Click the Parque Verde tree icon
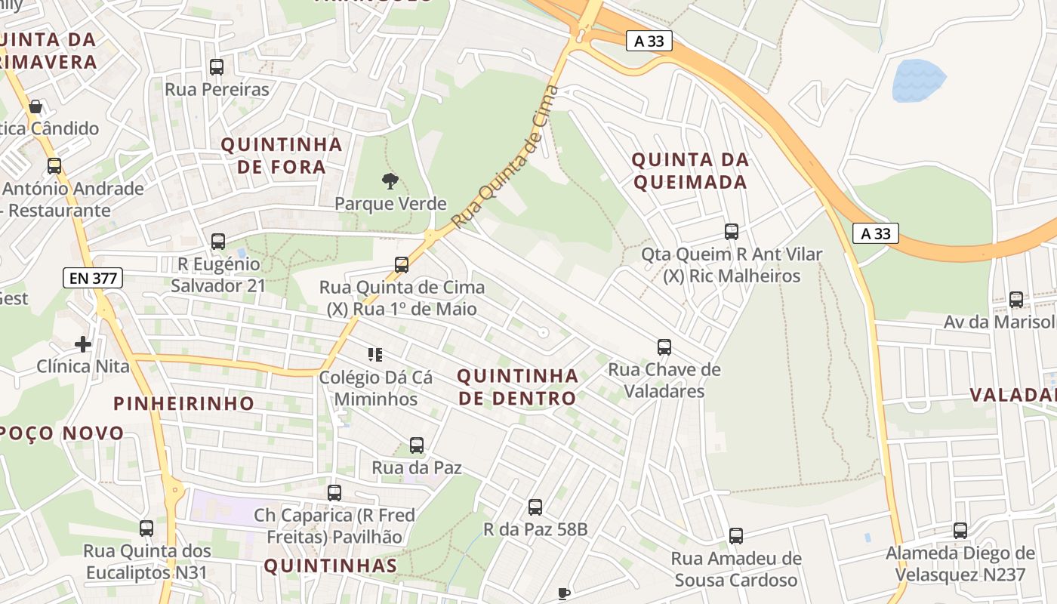[x=390, y=180]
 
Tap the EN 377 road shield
[x=93, y=278]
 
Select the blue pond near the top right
[x=918, y=81]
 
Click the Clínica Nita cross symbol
[x=83, y=344]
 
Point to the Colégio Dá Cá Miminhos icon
[x=375, y=354]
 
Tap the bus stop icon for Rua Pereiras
[x=217, y=66]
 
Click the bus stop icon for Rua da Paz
[x=417, y=445]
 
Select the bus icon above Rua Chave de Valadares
[x=664, y=347]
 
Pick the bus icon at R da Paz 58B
[x=535, y=507]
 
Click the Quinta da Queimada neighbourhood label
[x=690, y=171]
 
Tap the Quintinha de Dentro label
[x=517, y=387]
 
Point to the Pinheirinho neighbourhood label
[x=183, y=403]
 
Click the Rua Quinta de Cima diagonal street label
[x=506, y=157]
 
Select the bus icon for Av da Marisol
[x=1016, y=300]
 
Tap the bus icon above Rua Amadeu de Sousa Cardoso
[x=736, y=536]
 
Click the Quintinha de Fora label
[x=282, y=156]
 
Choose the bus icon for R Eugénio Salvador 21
[x=218, y=242]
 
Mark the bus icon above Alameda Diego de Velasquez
[x=960, y=531]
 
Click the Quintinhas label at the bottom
[x=330, y=565]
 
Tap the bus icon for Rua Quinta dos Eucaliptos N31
[x=146, y=528]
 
